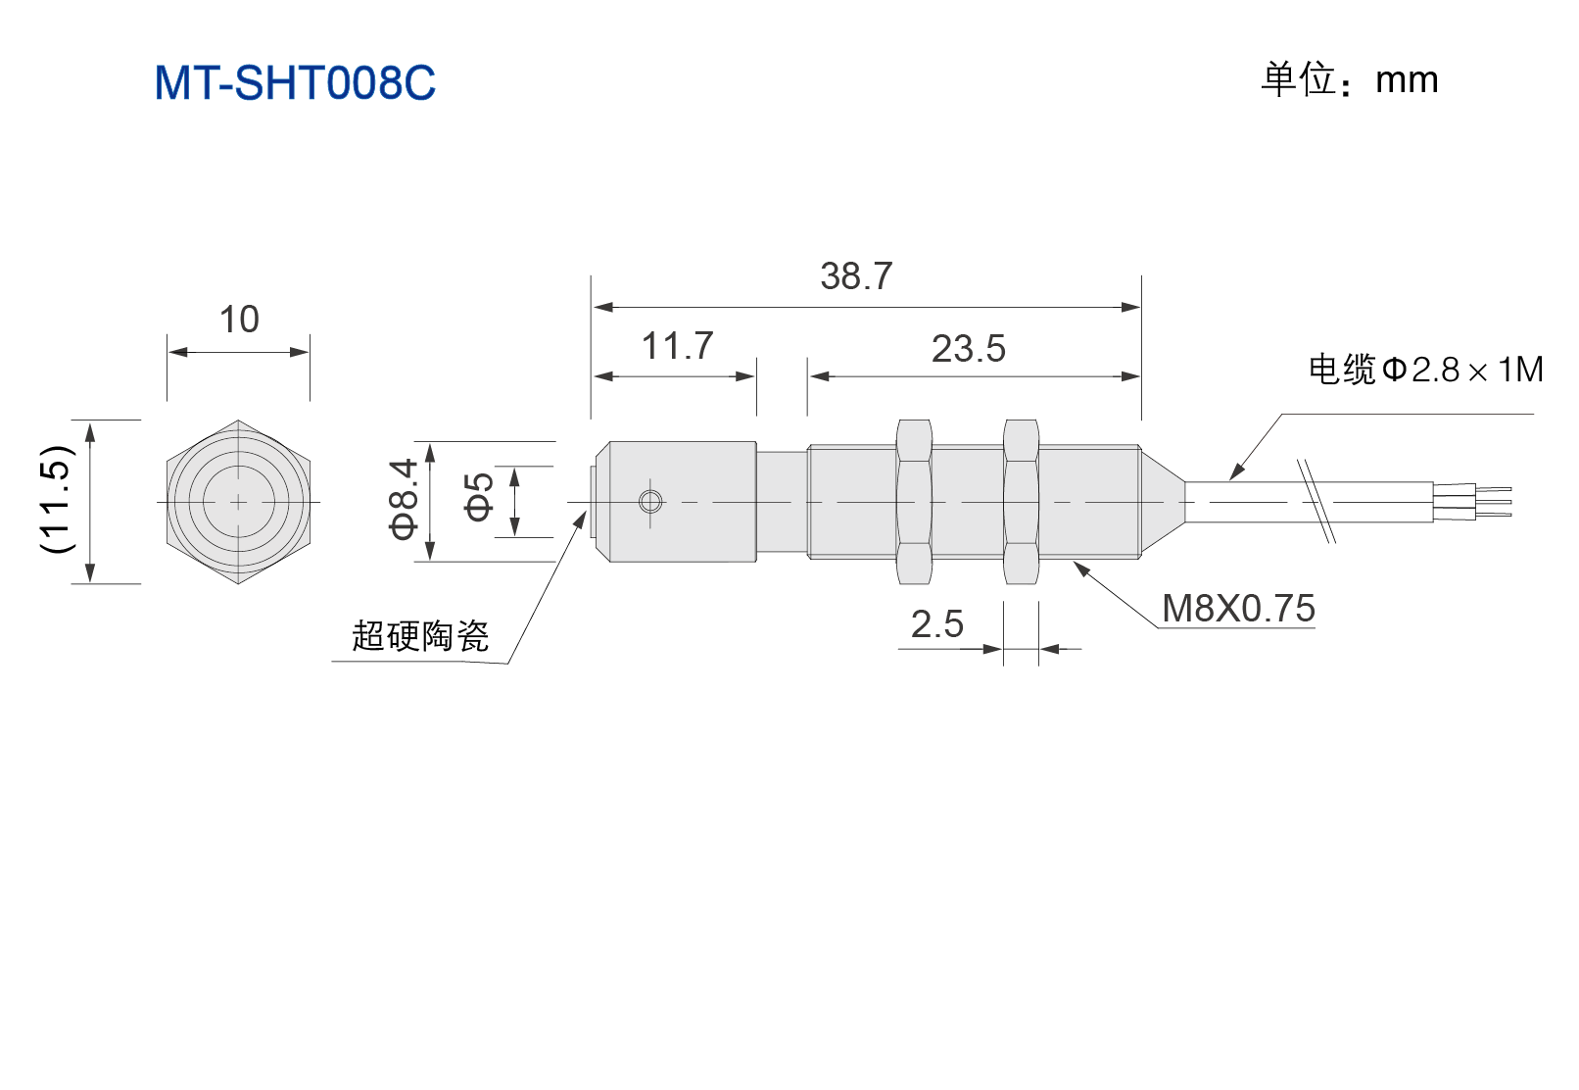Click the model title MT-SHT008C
coord(295,82)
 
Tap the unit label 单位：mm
coord(1349,79)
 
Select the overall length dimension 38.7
coord(856,275)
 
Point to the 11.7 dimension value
coord(677,346)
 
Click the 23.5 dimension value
coord(968,349)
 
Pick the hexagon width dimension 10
coord(239,320)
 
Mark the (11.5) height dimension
coord(58,499)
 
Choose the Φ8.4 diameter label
coord(404,498)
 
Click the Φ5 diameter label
coord(479,497)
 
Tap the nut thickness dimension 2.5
coord(936,624)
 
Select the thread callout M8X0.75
coord(1238,608)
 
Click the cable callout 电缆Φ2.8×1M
coord(1425,370)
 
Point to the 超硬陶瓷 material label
coord(420,635)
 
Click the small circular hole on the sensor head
coord(650,502)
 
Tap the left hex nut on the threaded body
coord(914,502)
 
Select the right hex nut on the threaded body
coord(1021,502)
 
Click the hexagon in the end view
coord(238,502)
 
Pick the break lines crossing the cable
coord(1316,501)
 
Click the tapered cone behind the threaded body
coord(1163,502)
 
